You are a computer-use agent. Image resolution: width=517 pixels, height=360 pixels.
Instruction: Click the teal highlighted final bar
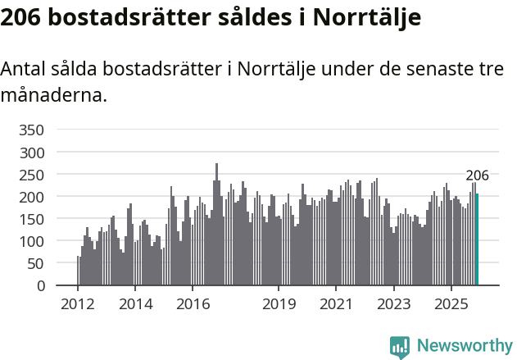coord(477,239)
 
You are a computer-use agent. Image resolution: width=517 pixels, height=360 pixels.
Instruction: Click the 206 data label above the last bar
coord(477,175)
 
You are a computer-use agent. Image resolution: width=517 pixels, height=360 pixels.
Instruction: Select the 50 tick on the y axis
coord(35,264)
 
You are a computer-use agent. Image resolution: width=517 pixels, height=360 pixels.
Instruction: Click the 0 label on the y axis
coord(40,286)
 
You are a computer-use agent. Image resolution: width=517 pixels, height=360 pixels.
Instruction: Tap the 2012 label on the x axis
coord(78,304)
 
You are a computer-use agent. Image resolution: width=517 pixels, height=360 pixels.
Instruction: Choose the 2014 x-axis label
coord(135,304)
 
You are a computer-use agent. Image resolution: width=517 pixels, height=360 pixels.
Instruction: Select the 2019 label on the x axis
coord(279,304)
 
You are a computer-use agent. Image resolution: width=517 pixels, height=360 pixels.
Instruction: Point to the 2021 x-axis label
coord(336,304)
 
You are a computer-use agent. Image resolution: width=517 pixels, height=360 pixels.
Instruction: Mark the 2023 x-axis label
coord(393,304)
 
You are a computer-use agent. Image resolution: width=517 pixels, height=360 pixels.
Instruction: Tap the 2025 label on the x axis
coord(451,304)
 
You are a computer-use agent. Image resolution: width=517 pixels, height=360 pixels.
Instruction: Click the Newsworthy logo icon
coord(400,347)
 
